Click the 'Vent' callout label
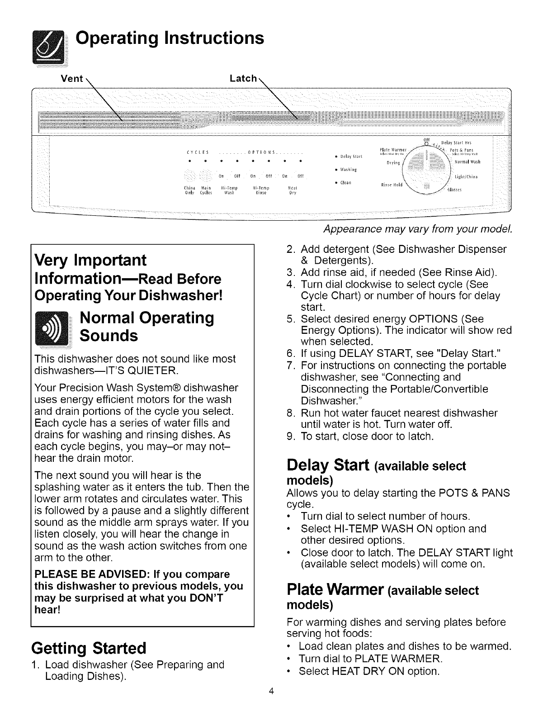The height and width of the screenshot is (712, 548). point(72,79)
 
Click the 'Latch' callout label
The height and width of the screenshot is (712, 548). point(243,78)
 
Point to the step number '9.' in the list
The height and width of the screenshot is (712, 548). point(291,437)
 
